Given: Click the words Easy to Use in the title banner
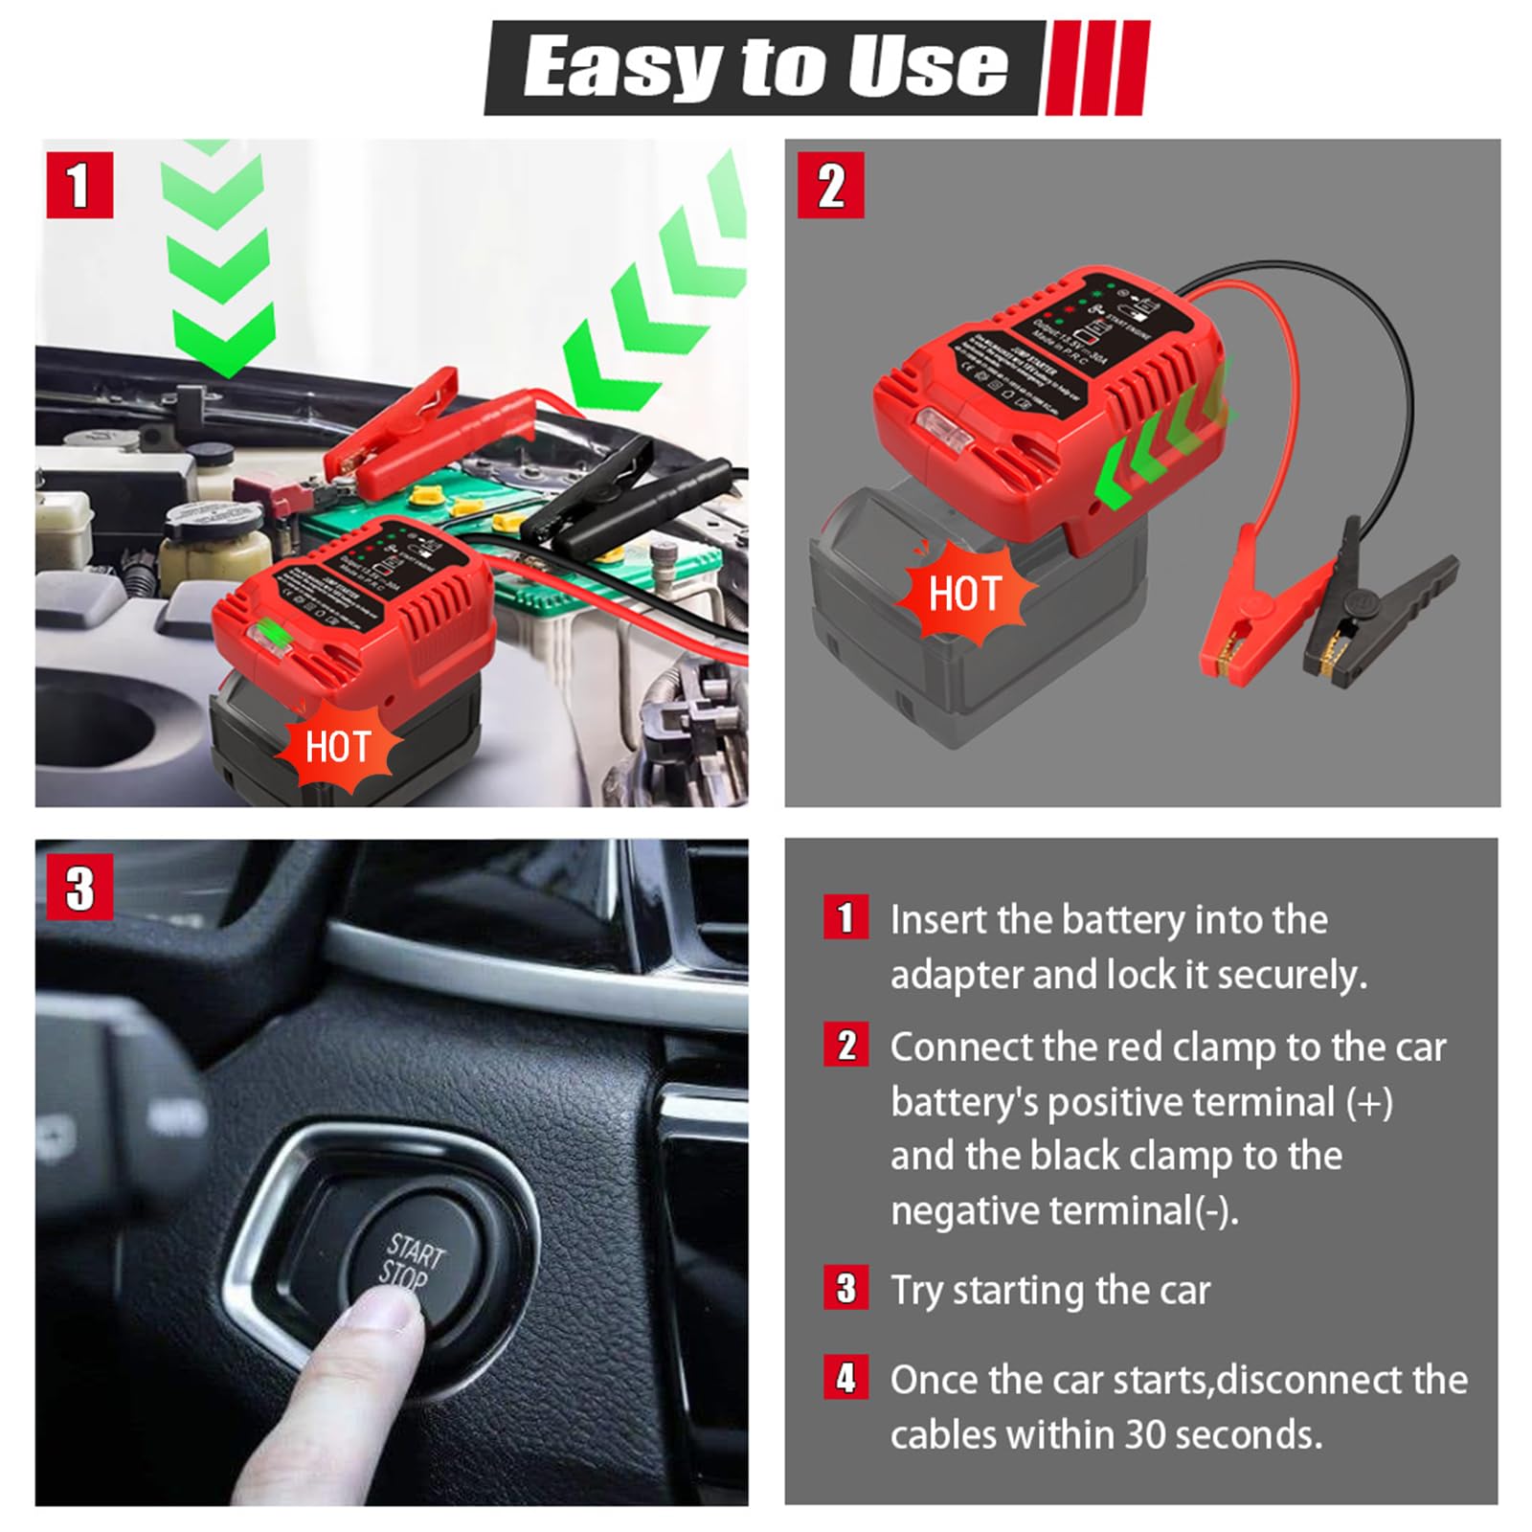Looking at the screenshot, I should coord(764,67).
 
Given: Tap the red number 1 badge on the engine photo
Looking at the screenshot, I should coord(79,185).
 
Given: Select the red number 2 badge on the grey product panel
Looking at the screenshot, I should coord(830,185).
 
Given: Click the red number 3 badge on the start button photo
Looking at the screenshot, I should coord(79,887).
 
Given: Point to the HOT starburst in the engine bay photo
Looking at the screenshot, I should coord(337,747).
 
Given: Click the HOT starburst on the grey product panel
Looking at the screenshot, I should coord(964,595).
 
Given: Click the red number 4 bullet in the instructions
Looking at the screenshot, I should coord(845,1378).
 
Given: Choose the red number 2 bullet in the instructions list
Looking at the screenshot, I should coord(845,1046).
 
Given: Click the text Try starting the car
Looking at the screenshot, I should coord(1049,1290).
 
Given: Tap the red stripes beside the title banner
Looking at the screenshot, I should coord(1096,67).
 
